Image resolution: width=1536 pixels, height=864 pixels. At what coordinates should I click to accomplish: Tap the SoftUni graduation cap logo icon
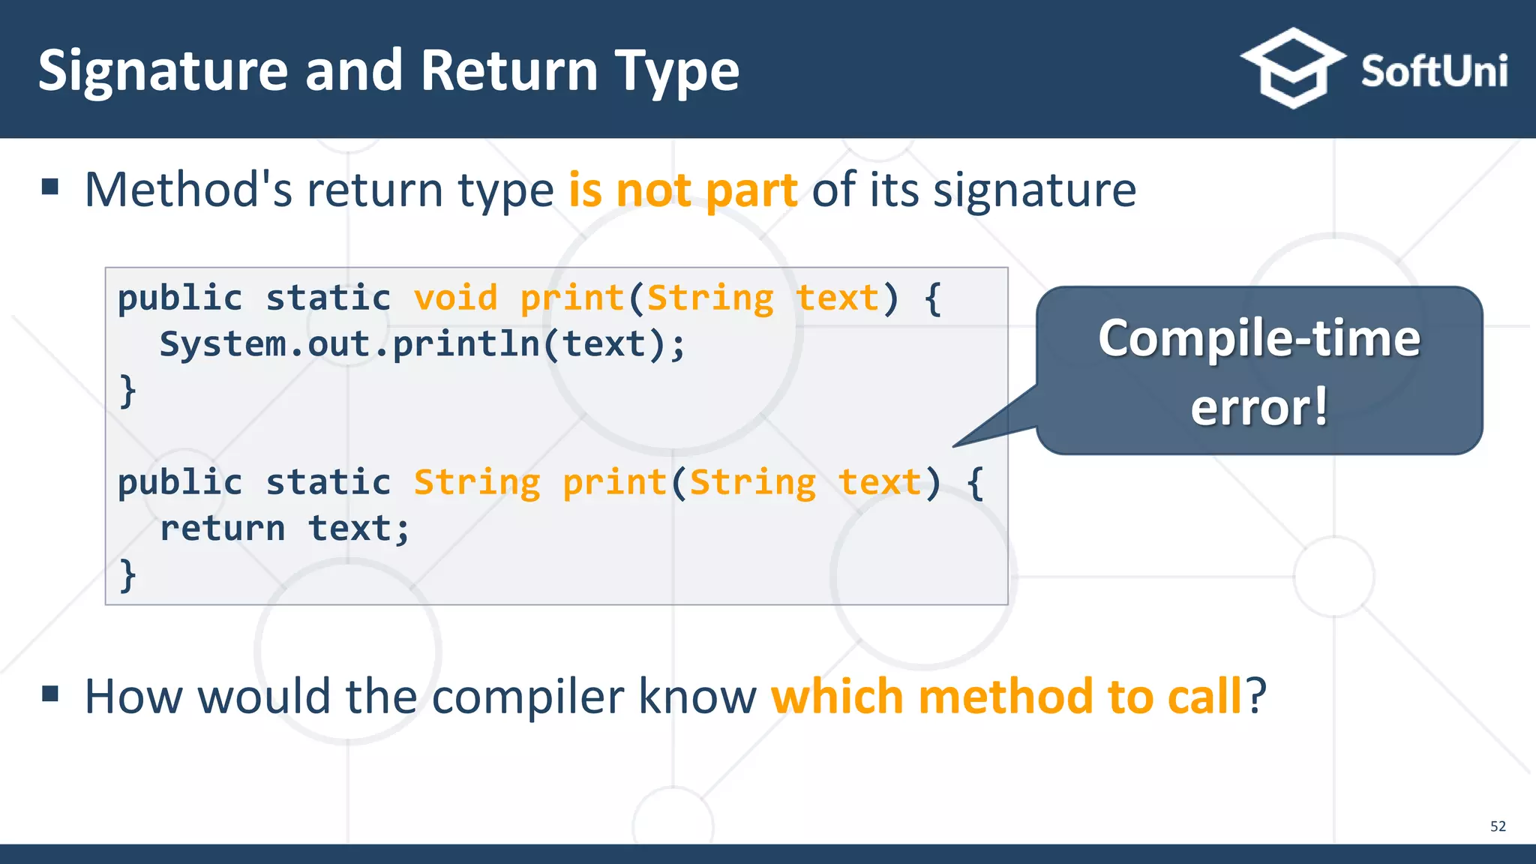pos(1292,68)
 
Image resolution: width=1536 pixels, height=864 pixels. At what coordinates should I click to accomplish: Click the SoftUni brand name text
pos(1433,72)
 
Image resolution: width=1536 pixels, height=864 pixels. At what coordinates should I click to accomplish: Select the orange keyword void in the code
pos(455,298)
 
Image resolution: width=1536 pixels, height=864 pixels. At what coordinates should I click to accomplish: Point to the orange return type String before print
pos(477,482)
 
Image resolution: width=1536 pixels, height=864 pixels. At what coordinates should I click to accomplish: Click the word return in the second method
pos(223,528)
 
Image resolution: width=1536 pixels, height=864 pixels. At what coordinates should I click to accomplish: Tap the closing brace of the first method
pos(128,391)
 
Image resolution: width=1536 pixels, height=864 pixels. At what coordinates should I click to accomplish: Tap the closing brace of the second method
pos(128,574)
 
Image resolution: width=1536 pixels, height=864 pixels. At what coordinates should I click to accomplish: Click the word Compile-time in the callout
pos(1258,338)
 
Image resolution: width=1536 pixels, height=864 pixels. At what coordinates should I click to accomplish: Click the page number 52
pos(1497,826)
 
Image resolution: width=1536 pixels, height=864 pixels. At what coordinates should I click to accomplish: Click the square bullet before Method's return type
pos(50,186)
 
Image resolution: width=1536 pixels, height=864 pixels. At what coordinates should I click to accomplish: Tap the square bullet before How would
pos(50,694)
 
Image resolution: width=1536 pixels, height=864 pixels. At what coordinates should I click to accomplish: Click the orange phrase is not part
pos(682,190)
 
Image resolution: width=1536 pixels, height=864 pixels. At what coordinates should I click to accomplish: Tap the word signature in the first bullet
pos(1034,190)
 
